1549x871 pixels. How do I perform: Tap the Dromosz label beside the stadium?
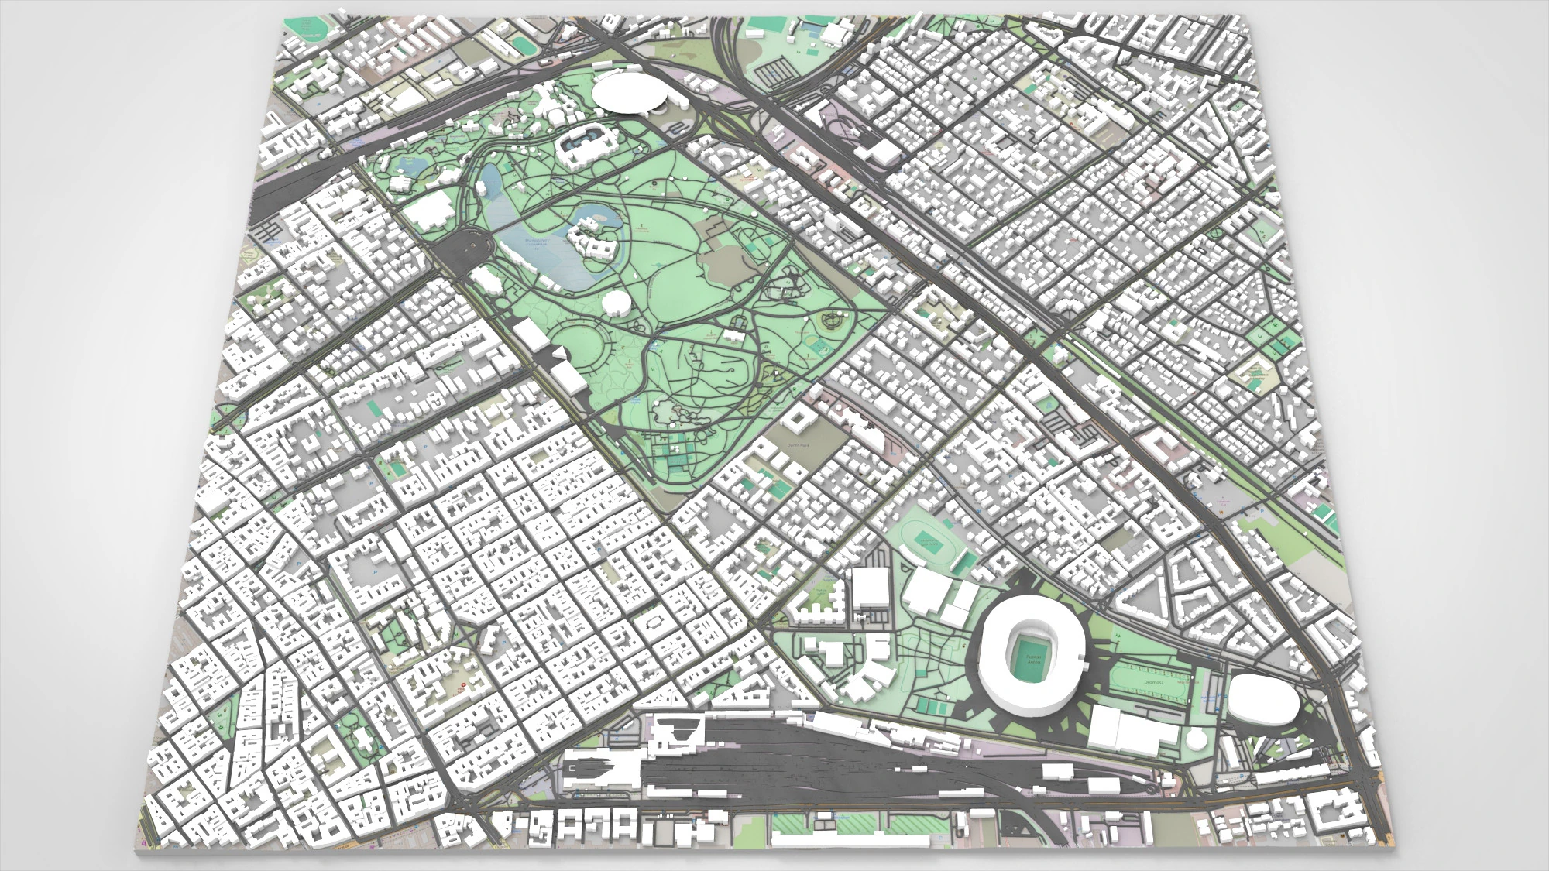click(1154, 683)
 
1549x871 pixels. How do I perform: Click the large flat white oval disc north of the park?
click(631, 94)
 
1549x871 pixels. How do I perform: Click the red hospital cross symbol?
click(464, 685)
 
